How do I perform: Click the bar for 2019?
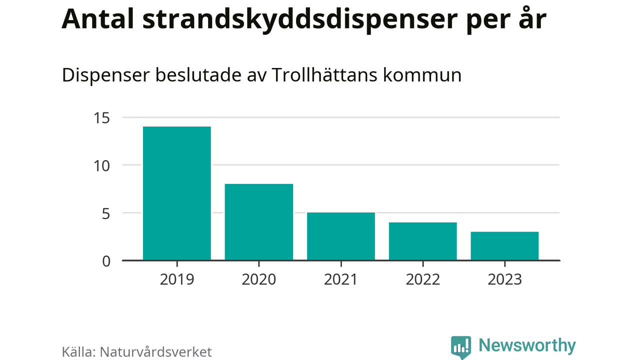click(x=176, y=193)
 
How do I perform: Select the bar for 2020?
click(x=258, y=222)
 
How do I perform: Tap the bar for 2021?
click(x=340, y=236)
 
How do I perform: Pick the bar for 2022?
click(x=422, y=241)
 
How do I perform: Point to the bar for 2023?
click(x=504, y=246)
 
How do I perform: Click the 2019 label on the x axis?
click(x=176, y=278)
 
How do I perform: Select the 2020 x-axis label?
click(x=258, y=278)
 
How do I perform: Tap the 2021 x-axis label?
click(x=340, y=278)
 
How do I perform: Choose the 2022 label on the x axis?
click(x=422, y=278)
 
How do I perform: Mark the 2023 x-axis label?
click(x=504, y=278)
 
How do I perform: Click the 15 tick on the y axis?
click(x=101, y=118)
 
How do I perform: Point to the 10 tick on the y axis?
click(x=101, y=165)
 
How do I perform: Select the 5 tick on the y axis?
click(x=105, y=213)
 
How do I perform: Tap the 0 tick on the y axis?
click(x=105, y=261)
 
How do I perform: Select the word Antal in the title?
click(x=99, y=19)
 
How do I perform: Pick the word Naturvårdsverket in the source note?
click(x=156, y=351)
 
